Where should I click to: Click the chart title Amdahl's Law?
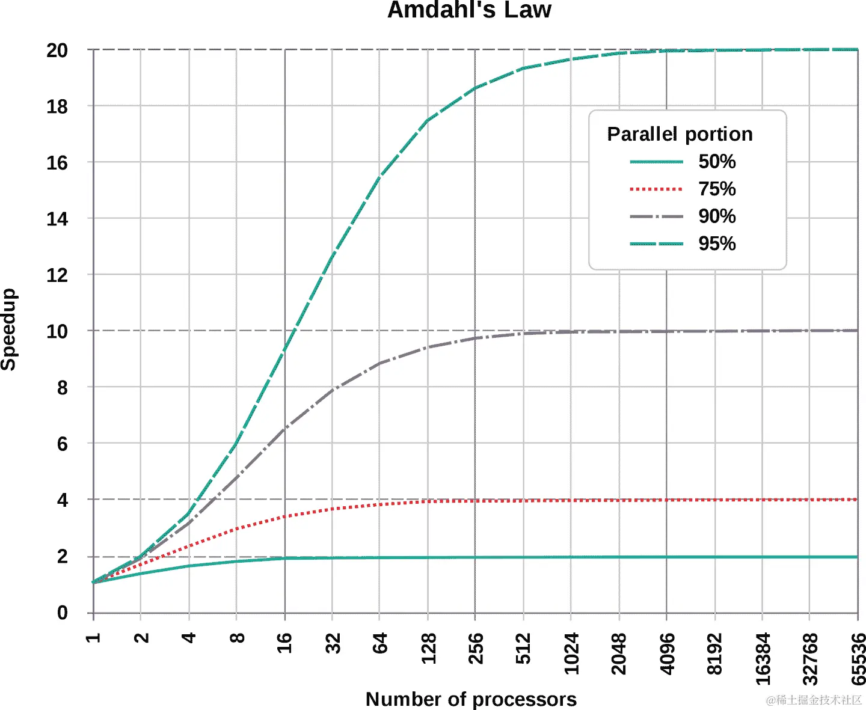click(469, 10)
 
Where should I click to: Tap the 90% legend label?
click(716, 216)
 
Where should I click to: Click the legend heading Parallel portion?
click(680, 134)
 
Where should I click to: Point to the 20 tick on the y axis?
click(57, 50)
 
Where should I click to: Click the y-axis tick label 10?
click(57, 331)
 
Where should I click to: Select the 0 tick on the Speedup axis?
click(62, 613)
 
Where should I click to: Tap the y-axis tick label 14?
click(57, 219)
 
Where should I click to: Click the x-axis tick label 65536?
click(858, 659)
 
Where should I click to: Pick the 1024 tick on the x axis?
click(571, 653)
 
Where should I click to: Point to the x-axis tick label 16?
click(284, 643)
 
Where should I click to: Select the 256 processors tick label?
click(476, 648)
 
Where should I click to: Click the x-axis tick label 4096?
click(667, 653)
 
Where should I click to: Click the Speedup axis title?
click(9, 329)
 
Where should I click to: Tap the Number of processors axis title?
click(471, 699)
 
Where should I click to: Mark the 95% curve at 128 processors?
click(428, 121)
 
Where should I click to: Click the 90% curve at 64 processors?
click(379, 363)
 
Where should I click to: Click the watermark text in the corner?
click(814, 700)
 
